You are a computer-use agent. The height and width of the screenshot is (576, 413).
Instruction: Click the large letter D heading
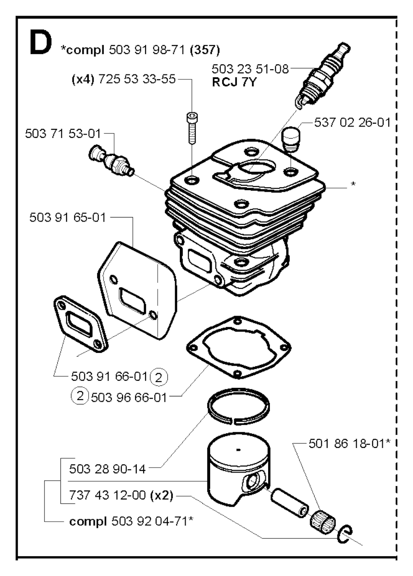(x=41, y=42)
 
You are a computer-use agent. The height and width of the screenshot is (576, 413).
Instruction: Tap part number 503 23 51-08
(x=250, y=69)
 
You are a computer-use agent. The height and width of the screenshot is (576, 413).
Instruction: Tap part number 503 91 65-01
(x=67, y=218)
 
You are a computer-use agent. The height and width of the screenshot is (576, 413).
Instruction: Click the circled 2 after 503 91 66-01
(x=159, y=377)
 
